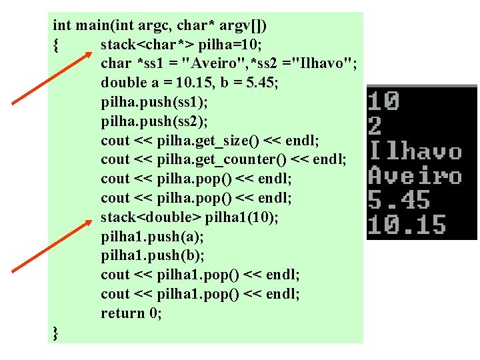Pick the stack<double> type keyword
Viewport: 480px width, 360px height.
click(x=150, y=217)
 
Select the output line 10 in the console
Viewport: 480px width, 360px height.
click(x=383, y=102)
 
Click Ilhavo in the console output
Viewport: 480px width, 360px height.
click(x=415, y=151)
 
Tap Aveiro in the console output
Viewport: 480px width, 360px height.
click(x=415, y=176)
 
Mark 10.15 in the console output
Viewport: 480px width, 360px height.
click(x=406, y=225)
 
